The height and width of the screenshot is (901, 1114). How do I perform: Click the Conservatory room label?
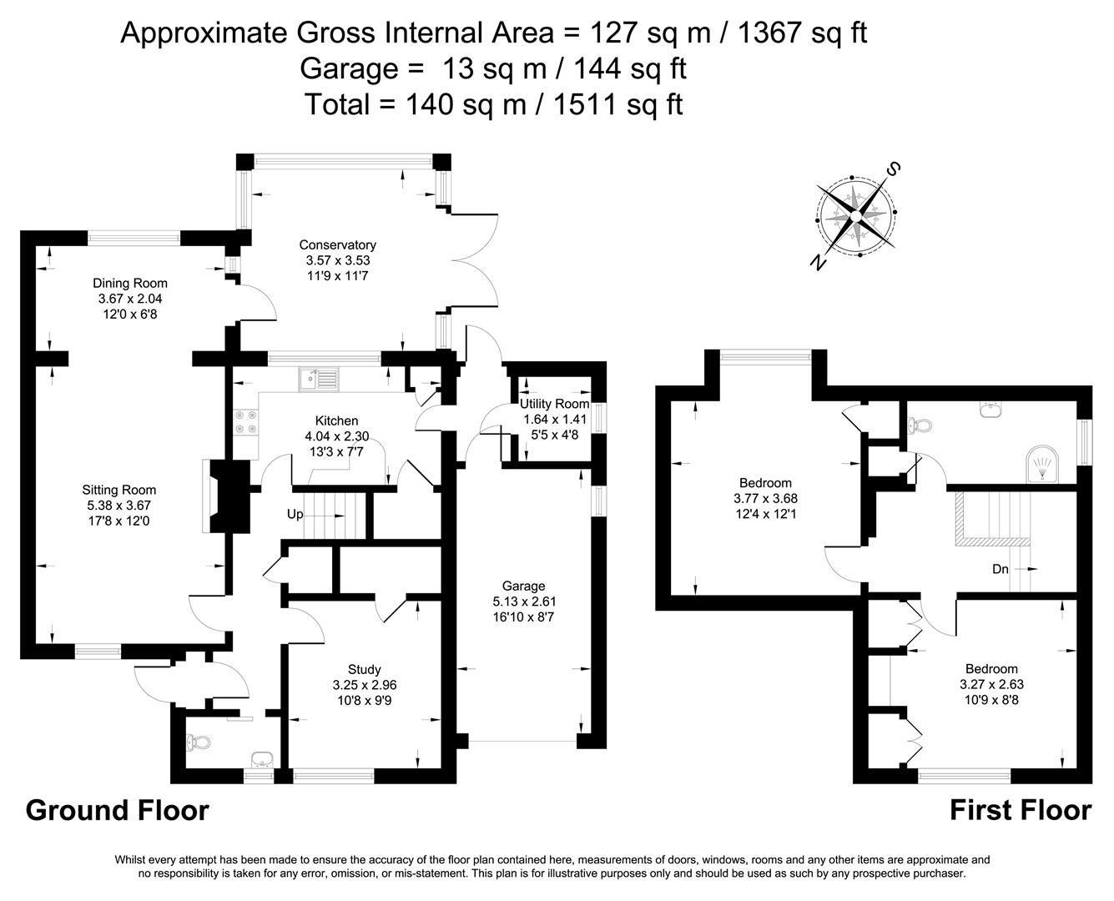(337, 245)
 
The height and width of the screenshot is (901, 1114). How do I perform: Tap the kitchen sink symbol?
(319, 380)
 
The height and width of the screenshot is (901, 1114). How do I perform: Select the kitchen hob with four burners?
(247, 421)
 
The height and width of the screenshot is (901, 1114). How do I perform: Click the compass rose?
(854, 214)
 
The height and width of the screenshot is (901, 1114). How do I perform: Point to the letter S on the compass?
(893, 170)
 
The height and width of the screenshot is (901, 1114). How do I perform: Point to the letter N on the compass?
(818, 263)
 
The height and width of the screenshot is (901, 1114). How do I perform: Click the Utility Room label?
(554, 404)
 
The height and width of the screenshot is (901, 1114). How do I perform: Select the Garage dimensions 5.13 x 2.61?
(523, 602)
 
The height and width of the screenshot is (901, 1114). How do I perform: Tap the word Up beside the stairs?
(295, 515)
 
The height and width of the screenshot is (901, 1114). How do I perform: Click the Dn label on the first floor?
(1001, 570)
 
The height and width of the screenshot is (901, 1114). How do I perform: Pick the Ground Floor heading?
(117, 810)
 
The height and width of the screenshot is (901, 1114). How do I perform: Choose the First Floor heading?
(1020, 810)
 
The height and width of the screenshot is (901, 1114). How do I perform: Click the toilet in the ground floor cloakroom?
(194, 742)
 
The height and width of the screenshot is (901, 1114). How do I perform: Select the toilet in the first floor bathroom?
(920, 425)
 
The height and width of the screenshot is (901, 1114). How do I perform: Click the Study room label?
(364, 669)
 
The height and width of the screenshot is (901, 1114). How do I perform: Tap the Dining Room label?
(130, 283)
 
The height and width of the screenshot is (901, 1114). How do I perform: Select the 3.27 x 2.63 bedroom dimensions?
(991, 684)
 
